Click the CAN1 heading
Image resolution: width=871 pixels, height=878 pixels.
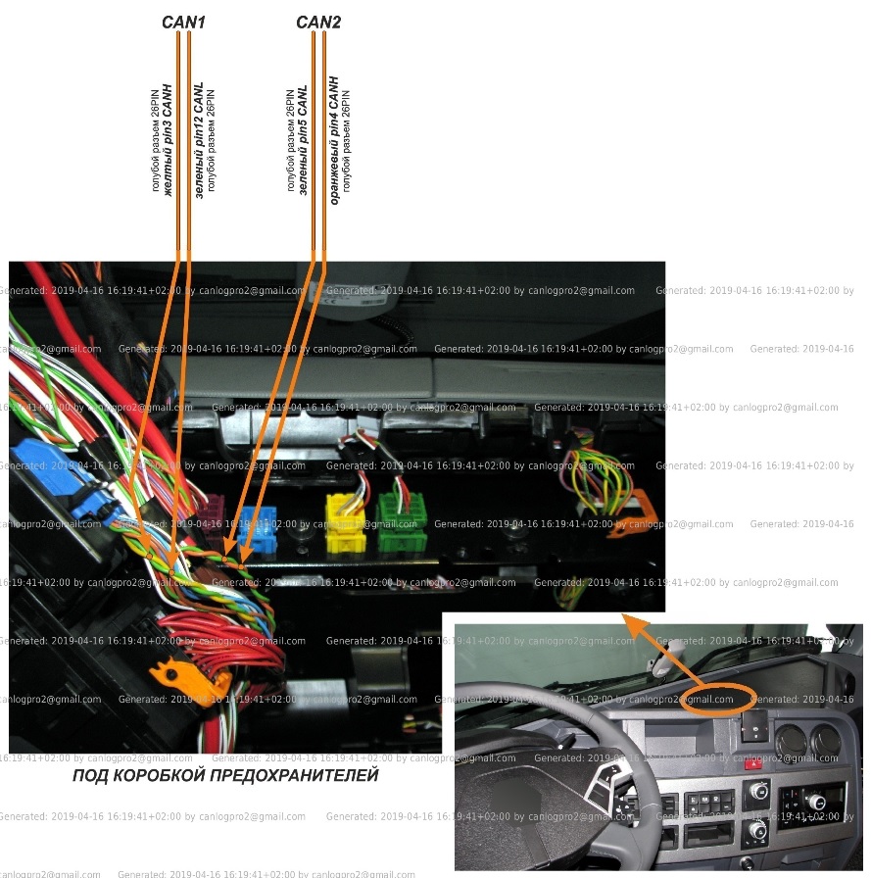[x=182, y=21]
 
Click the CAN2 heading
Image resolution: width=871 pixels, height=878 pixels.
[x=318, y=21]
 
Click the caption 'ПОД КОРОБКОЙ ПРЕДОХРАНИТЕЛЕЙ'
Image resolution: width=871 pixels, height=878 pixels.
[x=225, y=776]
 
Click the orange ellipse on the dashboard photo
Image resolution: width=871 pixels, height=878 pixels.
[x=720, y=698]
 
